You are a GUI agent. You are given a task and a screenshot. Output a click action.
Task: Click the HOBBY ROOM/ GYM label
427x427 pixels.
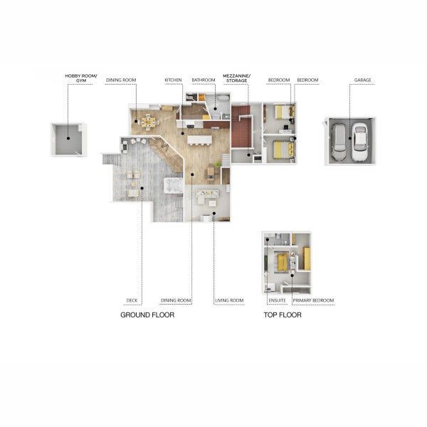point(81,78)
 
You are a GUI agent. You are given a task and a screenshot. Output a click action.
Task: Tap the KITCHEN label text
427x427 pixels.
point(173,80)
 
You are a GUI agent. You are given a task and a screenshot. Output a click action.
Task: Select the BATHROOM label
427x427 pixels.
point(204,80)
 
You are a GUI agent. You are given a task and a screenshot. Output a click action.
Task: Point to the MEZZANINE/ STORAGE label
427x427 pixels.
point(237,78)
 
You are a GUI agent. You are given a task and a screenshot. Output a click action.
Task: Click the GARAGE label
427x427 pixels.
point(363,80)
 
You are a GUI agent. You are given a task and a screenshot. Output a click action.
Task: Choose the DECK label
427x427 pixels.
point(132,300)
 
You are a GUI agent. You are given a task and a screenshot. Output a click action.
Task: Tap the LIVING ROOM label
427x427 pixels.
point(229,300)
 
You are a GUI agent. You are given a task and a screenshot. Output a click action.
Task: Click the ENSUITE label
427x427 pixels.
point(278,300)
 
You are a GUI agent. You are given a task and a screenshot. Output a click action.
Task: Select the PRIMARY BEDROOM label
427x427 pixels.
point(313,300)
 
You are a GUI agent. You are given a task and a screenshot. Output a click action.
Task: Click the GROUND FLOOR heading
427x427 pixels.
point(147,315)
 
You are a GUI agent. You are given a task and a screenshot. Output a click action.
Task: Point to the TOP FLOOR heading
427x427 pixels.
point(283,315)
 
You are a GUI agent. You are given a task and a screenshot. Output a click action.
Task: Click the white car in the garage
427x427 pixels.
point(359,142)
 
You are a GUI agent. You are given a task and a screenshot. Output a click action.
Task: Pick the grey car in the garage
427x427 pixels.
point(339,142)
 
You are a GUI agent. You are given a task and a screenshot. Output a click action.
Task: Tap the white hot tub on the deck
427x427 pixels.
point(174,186)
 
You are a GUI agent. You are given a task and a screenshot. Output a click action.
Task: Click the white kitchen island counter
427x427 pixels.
point(199,139)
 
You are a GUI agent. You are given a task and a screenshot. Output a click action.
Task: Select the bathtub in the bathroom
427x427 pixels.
point(223,98)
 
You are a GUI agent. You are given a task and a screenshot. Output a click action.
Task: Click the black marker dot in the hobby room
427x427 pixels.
point(68,138)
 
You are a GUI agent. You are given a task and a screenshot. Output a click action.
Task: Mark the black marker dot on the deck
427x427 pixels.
point(142,188)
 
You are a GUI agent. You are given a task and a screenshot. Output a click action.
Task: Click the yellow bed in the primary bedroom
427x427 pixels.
point(283,262)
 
